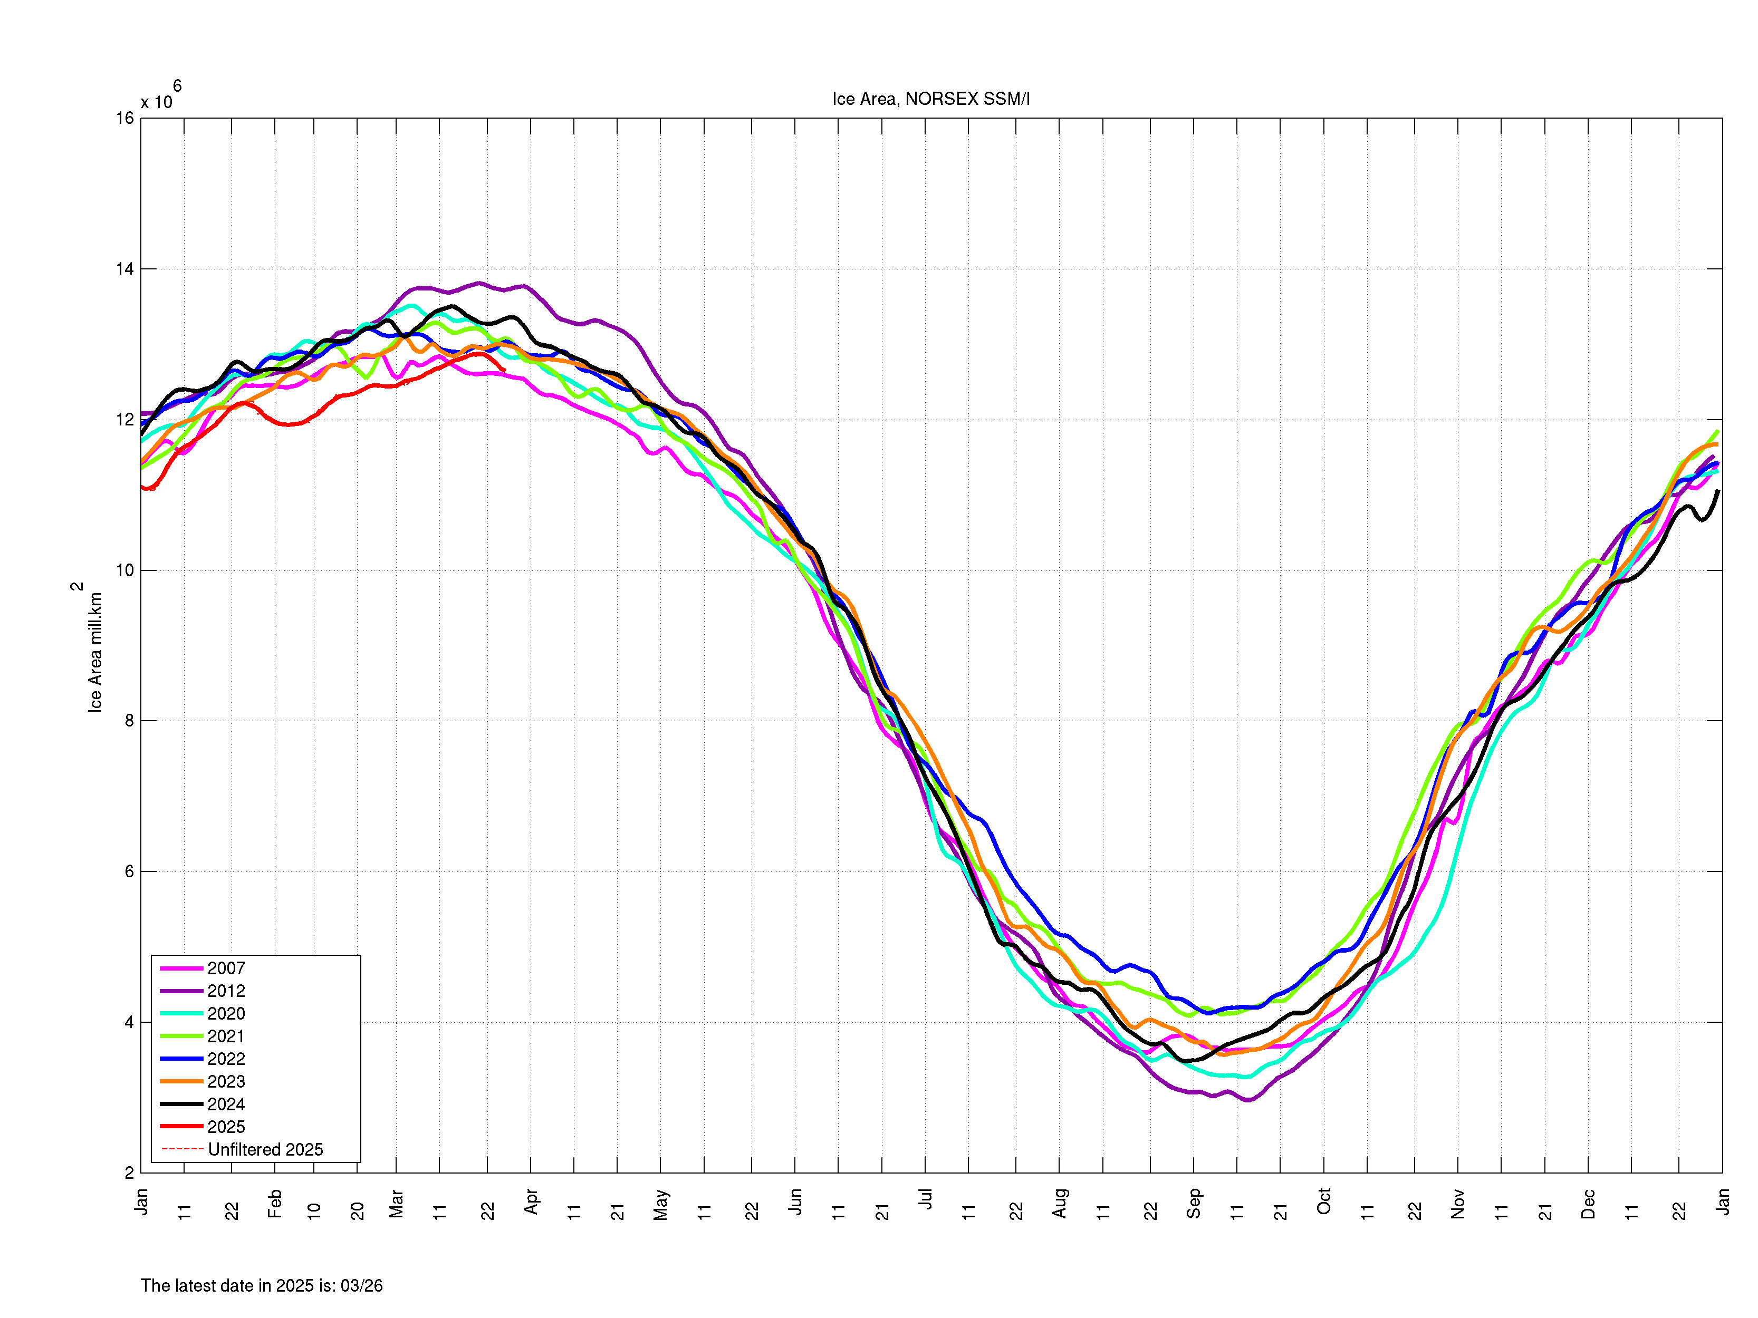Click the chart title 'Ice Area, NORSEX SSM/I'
click(930, 99)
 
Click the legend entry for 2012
click(226, 991)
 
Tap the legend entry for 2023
click(226, 1081)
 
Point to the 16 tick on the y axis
click(125, 119)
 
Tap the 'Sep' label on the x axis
click(1193, 1203)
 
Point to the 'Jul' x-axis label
click(925, 1199)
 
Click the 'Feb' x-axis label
click(275, 1203)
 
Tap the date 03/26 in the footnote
click(362, 1285)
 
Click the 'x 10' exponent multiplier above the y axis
click(157, 102)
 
